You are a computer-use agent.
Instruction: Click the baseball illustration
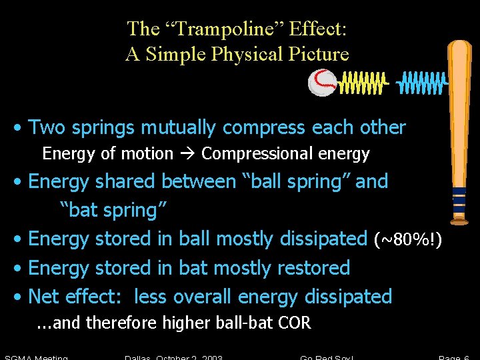[x=323, y=83]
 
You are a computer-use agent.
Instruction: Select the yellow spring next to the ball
[x=363, y=83]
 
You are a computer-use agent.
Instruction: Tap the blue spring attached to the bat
[x=421, y=83]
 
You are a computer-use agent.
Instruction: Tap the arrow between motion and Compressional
[x=187, y=154]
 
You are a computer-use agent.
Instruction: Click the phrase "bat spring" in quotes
[x=113, y=210]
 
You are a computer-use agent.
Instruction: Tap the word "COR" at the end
[x=295, y=323]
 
